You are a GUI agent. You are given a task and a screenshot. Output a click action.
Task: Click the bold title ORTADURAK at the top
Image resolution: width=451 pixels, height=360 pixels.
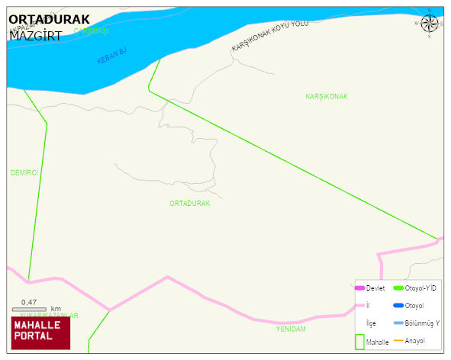pos(48,20)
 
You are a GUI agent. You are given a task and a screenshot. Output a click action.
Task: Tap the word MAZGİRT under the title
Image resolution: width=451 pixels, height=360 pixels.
pos(35,35)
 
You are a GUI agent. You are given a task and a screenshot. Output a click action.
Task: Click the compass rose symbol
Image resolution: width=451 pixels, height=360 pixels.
pos(429,24)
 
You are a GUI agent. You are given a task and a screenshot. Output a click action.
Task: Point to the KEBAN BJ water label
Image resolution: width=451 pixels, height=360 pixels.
pos(111,56)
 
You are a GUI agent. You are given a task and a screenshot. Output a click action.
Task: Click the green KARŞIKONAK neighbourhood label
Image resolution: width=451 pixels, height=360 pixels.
pos(326,97)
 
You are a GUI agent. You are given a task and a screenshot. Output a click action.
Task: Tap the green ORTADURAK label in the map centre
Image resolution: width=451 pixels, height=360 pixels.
pos(189,204)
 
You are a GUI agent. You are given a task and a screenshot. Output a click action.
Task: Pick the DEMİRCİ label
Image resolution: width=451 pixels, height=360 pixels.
pos(24,173)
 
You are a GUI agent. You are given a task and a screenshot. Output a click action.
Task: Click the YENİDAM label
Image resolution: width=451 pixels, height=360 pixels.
pos(291,329)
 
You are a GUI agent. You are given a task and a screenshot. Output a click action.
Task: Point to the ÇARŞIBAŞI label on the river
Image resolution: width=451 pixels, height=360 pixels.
pos(92,31)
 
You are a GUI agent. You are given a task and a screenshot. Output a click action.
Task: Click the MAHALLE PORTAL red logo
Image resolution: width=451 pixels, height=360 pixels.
pos(40,331)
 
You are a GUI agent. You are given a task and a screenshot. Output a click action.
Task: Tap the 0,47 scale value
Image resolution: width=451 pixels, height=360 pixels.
pos(29,302)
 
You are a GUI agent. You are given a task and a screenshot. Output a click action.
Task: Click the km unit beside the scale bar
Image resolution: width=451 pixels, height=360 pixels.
pos(56,309)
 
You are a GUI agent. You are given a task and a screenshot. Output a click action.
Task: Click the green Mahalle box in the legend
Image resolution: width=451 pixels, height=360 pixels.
pos(360,342)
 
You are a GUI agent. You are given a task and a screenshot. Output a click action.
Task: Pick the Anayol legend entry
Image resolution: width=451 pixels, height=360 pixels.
pos(415,340)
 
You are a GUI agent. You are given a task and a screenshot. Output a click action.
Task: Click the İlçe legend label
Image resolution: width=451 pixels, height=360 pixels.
pos(371,323)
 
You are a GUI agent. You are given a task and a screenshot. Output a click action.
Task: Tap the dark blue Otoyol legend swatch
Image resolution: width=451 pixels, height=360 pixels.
pos(398,306)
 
